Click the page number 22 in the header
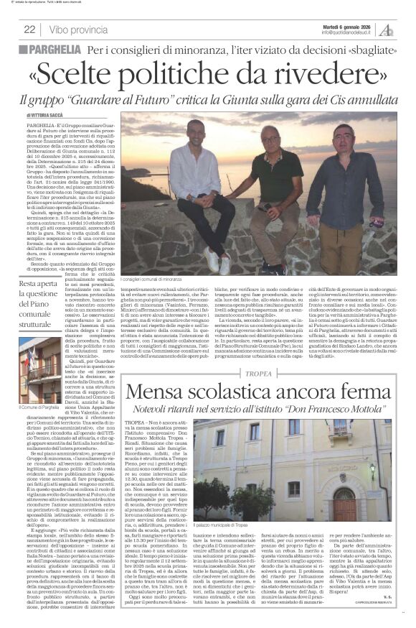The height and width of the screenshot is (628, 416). (30, 29)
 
